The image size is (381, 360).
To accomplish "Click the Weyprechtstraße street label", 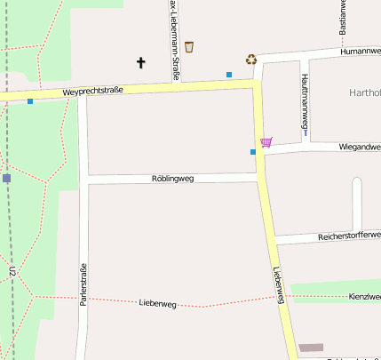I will pyautogui.click(x=93, y=92).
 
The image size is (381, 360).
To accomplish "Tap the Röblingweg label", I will pyautogui.click(x=172, y=179).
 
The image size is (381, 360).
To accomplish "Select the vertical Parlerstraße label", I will pyautogui.click(x=83, y=285).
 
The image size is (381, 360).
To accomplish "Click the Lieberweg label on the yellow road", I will pyautogui.click(x=280, y=285).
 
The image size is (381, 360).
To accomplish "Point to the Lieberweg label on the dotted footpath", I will pyautogui.click(x=158, y=304).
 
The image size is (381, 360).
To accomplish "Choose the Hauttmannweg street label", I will pyautogui.click(x=305, y=104).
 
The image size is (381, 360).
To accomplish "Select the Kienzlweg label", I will pyautogui.click(x=364, y=296).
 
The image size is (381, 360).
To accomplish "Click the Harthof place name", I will pyautogui.click(x=365, y=92).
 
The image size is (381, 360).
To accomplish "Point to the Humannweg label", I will pyautogui.click(x=360, y=52).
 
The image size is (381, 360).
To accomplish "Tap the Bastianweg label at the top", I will pyautogui.click(x=343, y=18).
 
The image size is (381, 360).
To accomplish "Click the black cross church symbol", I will pyautogui.click(x=140, y=62).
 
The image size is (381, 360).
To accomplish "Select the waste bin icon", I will pyautogui.click(x=189, y=47).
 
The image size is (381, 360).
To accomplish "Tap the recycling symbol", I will pyautogui.click(x=251, y=60).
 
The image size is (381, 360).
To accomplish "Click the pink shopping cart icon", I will pyautogui.click(x=266, y=141).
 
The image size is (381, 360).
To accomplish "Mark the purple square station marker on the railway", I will pyautogui.click(x=6, y=179).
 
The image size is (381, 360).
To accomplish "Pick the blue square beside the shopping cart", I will pyautogui.click(x=253, y=152).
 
